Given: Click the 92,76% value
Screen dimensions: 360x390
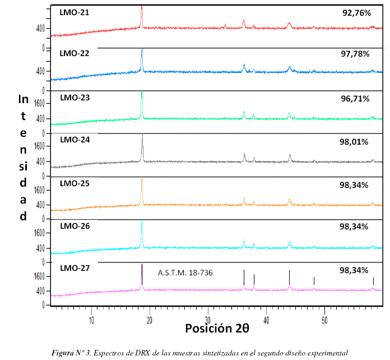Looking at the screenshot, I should pyautogui.click(x=356, y=12).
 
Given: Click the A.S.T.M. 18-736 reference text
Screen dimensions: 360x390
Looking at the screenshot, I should pyautogui.click(x=185, y=273).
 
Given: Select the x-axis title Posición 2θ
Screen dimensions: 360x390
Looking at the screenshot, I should pyautogui.click(x=217, y=328).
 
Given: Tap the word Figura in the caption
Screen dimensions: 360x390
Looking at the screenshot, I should pyautogui.click(x=62, y=353).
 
